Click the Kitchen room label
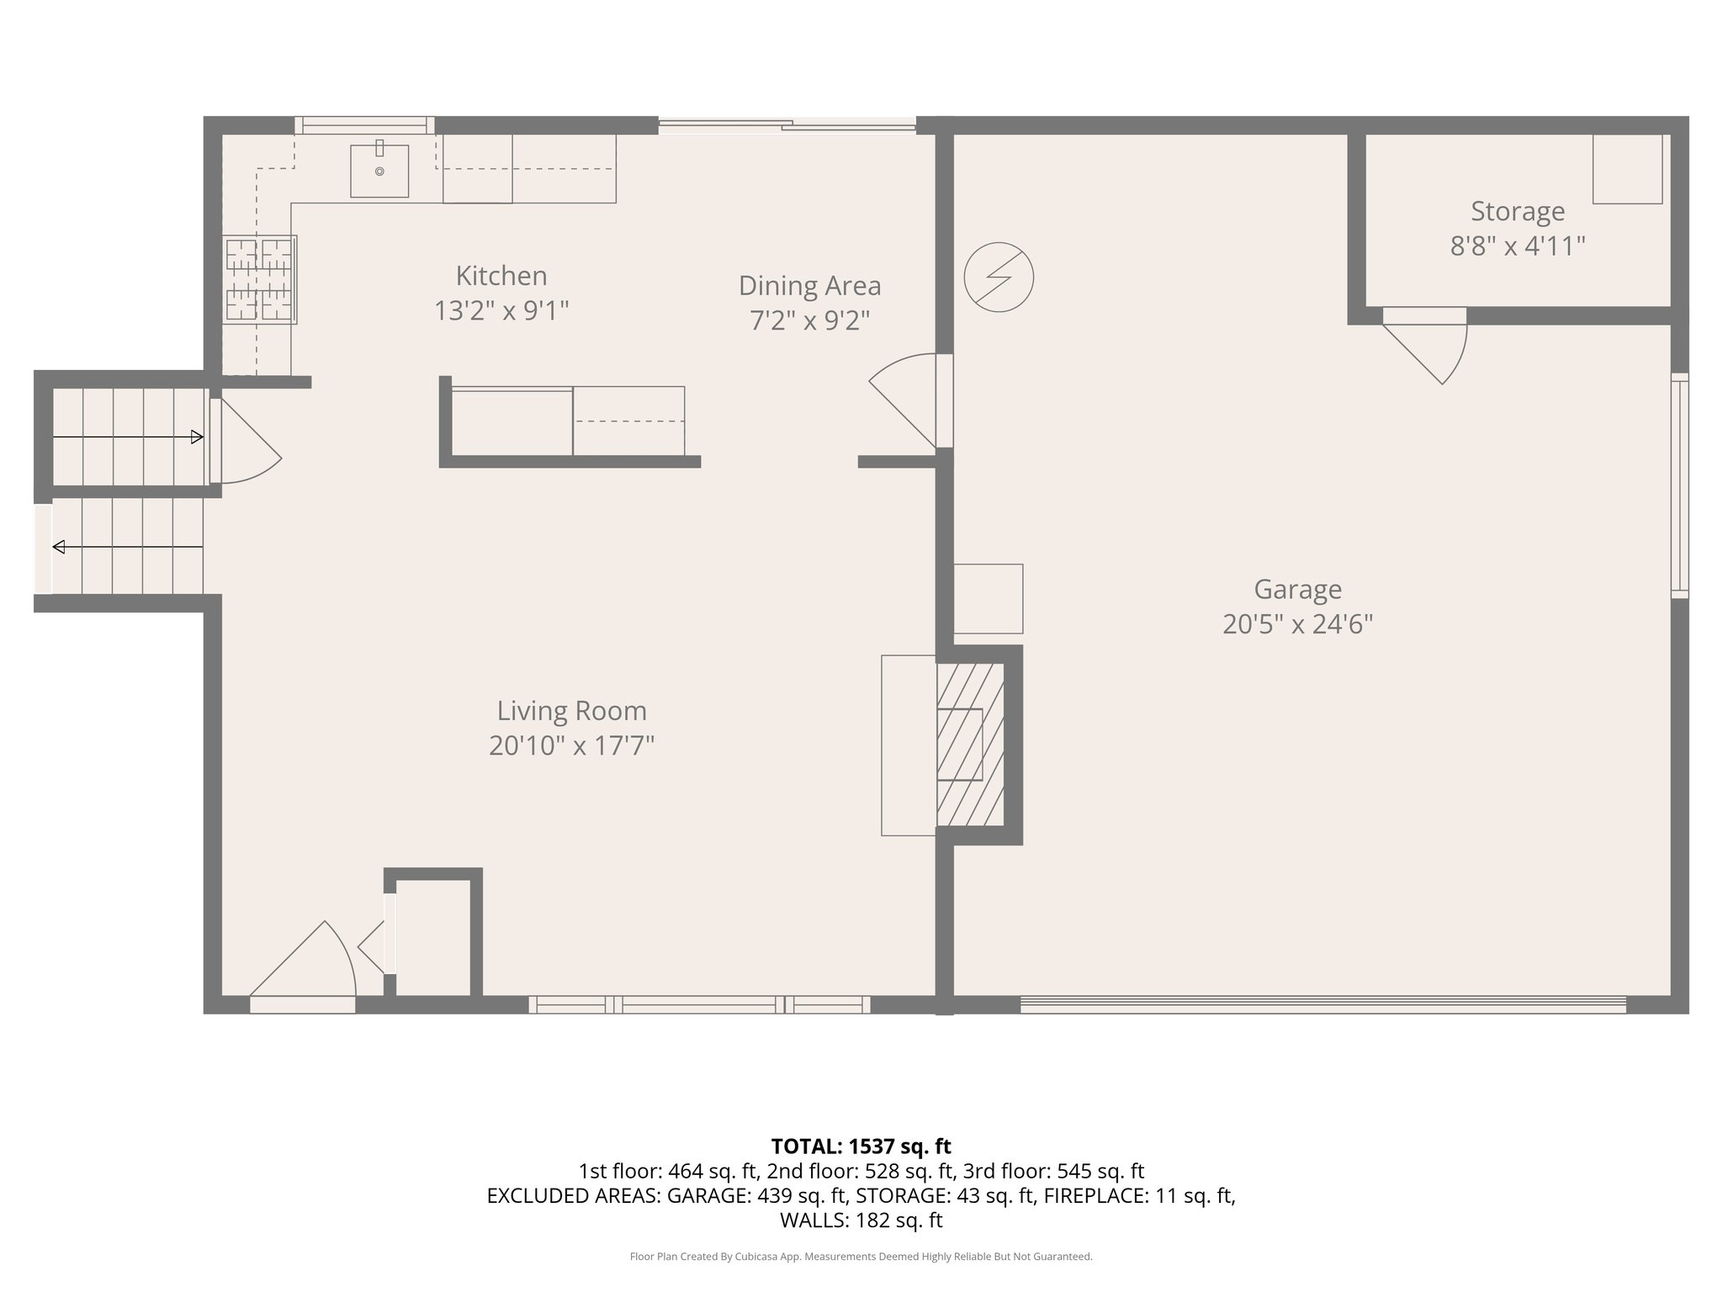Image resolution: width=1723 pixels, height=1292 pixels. [501, 276]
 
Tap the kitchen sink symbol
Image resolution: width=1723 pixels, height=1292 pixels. [379, 171]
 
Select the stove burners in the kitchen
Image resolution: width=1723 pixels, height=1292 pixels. [260, 279]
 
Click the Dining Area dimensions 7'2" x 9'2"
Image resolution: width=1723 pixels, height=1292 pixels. [809, 320]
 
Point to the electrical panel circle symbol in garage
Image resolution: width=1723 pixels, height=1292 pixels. [999, 278]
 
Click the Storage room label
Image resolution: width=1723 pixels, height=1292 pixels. [1517, 211]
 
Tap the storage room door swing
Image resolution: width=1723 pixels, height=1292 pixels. [1430, 345]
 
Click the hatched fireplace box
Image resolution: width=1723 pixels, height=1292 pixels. [971, 744]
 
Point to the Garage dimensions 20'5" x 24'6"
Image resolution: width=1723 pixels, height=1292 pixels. [1297, 624]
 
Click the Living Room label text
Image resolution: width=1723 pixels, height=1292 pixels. [571, 711]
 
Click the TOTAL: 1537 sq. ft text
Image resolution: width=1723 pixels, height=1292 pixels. [861, 1146]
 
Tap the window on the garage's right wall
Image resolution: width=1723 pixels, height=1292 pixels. [1679, 485]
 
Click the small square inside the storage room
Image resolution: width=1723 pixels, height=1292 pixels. [1627, 168]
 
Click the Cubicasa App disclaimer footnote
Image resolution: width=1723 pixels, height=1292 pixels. [861, 1257]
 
